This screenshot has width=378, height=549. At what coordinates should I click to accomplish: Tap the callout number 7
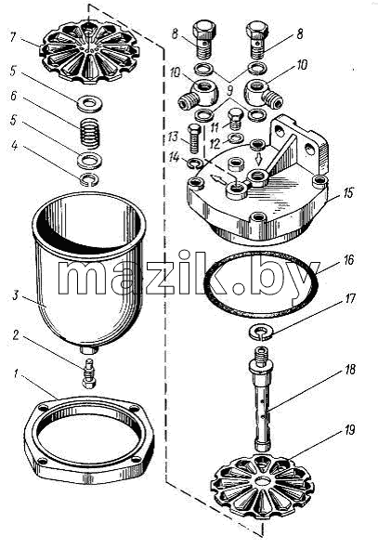pyautogui.click(x=13, y=36)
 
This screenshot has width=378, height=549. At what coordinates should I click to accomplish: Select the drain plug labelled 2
pyautogui.click(x=88, y=373)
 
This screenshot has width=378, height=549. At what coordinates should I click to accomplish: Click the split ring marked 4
pyautogui.click(x=89, y=179)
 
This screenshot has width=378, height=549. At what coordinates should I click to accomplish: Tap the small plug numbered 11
pyautogui.click(x=235, y=119)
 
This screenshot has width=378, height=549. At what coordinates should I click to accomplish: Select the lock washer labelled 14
pyautogui.click(x=194, y=163)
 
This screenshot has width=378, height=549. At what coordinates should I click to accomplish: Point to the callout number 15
pyautogui.click(x=348, y=193)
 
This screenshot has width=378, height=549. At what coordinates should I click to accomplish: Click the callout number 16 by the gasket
pyautogui.click(x=348, y=260)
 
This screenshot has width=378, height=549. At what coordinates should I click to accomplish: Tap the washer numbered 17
pyautogui.click(x=261, y=333)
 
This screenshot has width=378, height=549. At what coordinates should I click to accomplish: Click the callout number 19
pyautogui.click(x=350, y=430)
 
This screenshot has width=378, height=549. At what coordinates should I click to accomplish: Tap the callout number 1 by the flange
pyautogui.click(x=16, y=374)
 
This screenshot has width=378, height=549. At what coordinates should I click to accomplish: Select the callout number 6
pyautogui.click(x=13, y=96)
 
